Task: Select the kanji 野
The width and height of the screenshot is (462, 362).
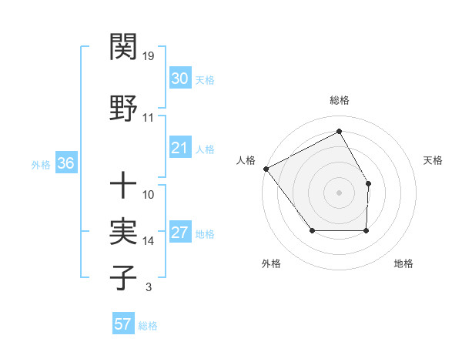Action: click(x=124, y=106)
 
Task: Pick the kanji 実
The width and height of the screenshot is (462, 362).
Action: click(x=124, y=231)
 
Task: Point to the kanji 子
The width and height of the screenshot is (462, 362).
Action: click(x=124, y=277)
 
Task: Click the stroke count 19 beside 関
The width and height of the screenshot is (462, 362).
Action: click(x=149, y=55)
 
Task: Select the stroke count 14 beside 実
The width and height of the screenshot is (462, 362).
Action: click(x=149, y=241)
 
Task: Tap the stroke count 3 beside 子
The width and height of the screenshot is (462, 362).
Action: click(x=148, y=287)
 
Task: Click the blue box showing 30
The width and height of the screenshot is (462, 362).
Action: click(x=180, y=79)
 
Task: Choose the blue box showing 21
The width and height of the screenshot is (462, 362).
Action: click(x=180, y=148)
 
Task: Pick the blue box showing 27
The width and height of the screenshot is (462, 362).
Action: click(x=180, y=233)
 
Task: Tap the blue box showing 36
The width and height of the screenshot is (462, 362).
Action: click(x=65, y=163)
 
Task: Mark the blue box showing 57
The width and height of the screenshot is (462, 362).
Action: click(x=123, y=324)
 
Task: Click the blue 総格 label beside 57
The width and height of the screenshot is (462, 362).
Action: click(x=148, y=326)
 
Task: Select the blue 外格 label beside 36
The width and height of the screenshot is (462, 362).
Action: click(x=41, y=164)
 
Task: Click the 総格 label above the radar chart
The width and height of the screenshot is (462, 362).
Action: click(x=340, y=100)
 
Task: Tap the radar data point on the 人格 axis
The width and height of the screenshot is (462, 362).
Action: click(x=266, y=169)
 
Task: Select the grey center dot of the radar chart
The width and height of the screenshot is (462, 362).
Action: click(x=340, y=193)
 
